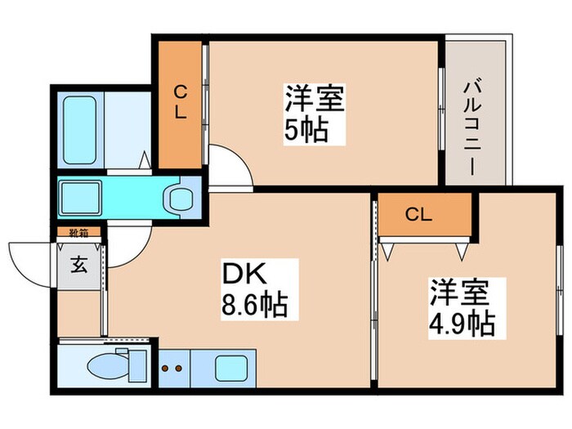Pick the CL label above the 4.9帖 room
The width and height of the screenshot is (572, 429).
418,215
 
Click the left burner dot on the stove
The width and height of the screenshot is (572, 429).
166,368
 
